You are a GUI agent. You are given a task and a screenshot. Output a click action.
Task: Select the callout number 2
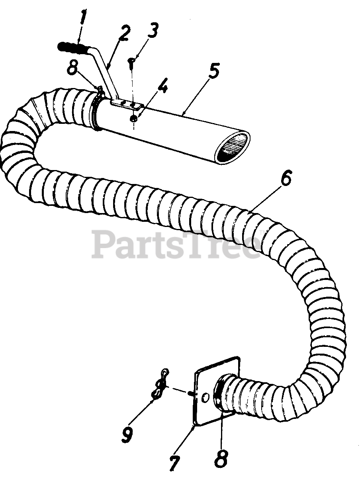[124, 35]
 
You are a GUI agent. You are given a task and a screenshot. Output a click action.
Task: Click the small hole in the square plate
[205, 397]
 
